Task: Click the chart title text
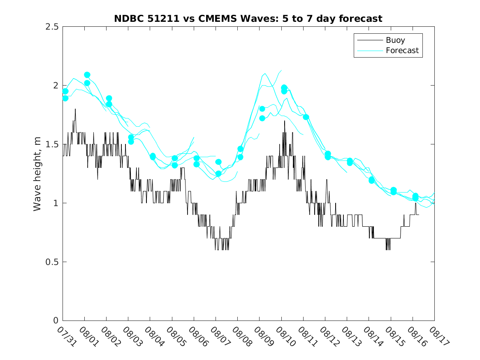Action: pyautogui.click(x=248, y=19)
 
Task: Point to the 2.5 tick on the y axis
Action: pyautogui.click(x=53, y=27)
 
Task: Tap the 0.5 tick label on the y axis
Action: pyautogui.click(x=53, y=262)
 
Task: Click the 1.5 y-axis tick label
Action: pyautogui.click(x=53, y=144)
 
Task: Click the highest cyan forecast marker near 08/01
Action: pyautogui.click(x=87, y=75)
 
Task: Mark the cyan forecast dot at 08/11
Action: pyautogui.click(x=306, y=117)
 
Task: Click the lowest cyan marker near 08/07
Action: pyautogui.click(x=218, y=174)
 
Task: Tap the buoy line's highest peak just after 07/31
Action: pyautogui.click(x=75, y=109)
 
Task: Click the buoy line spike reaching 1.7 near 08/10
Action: pyautogui.click(x=284, y=121)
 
